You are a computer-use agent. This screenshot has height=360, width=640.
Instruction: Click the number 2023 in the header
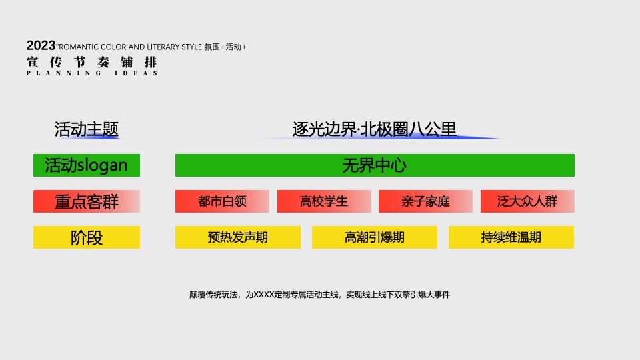pos(41,45)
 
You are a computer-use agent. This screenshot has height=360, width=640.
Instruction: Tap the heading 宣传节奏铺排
pos(92,62)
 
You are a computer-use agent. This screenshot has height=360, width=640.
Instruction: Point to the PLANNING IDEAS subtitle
pos(92,73)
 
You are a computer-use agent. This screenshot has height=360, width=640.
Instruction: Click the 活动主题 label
pos(87,129)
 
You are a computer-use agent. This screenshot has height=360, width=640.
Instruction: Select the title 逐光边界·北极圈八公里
pos(375,129)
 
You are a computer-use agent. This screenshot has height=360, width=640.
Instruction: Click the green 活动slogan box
pos(87,165)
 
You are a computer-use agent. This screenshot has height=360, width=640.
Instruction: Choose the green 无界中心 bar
pos(375,165)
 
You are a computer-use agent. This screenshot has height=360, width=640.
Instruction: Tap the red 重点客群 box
pos(87,201)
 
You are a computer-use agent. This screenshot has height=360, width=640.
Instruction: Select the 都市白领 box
pos(222,201)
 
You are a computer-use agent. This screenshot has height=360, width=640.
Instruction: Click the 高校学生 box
pos(324,201)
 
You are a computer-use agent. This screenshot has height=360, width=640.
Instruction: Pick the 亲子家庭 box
pos(425,201)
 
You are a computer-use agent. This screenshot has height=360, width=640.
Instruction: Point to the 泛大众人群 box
pos(527,201)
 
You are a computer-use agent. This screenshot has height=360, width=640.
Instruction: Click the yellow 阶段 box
pos(87,237)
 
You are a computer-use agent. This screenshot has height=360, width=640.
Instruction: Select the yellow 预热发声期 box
pos(238,237)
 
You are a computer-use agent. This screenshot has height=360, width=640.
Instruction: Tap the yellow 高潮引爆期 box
pos(375,237)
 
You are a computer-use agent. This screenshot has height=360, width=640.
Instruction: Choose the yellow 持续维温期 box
pos(511,237)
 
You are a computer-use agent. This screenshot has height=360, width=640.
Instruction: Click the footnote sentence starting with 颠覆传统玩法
pos(320,294)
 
